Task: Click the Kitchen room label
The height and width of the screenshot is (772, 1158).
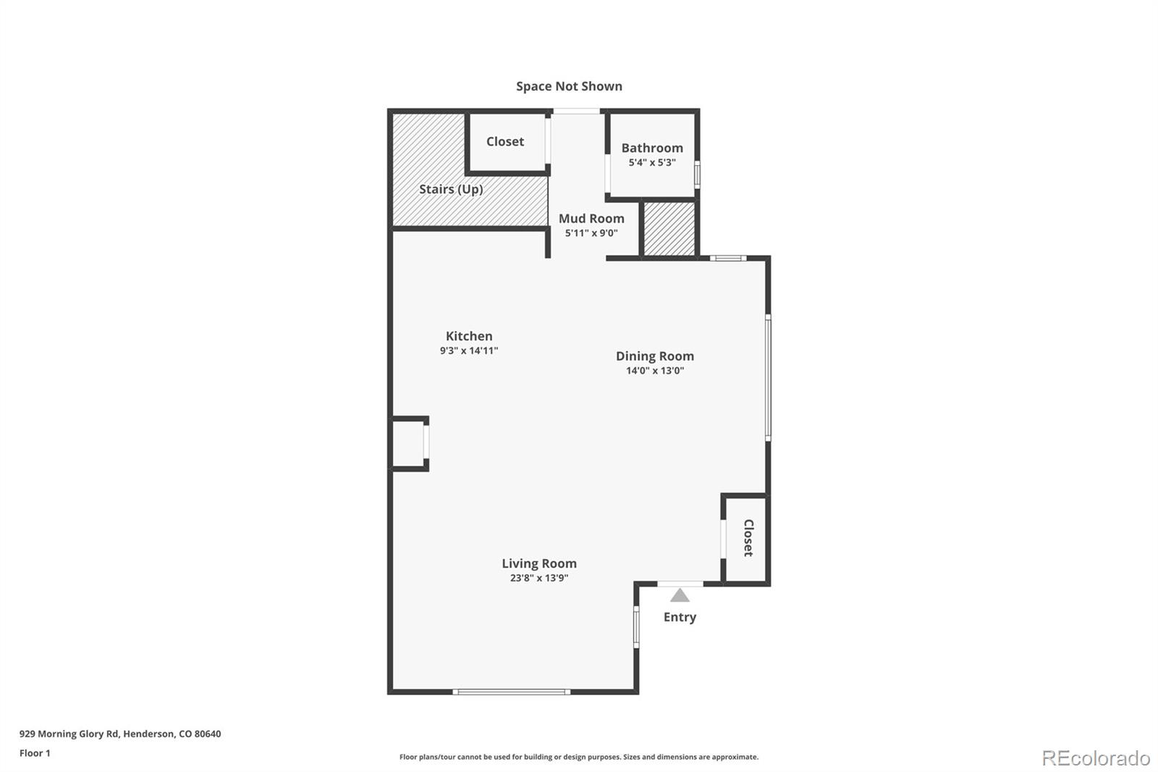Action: tap(469, 336)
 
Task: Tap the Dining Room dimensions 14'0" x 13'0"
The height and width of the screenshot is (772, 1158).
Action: tap(654, 371)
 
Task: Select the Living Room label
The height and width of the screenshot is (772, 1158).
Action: tap(539, 563)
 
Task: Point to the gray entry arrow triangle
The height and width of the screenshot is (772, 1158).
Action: tap(680, 596)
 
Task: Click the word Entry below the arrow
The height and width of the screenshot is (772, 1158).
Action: tap(680, 617)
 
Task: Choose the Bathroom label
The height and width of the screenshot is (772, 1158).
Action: tap(651, 148)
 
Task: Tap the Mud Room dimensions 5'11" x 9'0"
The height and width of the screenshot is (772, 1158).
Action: tap(591, 233)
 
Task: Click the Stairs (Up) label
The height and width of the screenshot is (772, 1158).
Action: tap(451, 189)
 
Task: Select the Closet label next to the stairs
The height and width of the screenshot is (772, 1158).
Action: tap(504, 142)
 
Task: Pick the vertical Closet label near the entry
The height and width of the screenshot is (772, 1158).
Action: tap(748, 538)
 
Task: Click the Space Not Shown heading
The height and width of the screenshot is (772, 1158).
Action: tap(569, 86)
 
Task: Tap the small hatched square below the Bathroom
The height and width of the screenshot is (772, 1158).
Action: tap(669, 229)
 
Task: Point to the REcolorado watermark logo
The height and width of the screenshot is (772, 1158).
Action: tap(1096, 758)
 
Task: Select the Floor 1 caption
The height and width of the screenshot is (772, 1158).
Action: tap(35, 753)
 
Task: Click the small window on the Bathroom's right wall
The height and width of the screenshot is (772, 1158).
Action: tap(697, 174)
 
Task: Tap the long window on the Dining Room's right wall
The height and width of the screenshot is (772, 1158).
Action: tap(768, 377)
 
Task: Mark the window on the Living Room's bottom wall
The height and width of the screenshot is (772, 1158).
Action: tap(511, 692)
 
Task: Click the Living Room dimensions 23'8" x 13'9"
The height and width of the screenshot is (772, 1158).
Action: tap(539, 578)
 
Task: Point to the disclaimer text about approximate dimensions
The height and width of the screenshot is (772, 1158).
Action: tap(579, 757)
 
